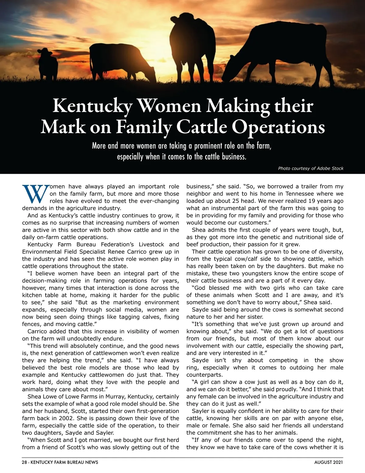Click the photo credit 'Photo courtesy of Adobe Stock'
coord(311,168)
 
